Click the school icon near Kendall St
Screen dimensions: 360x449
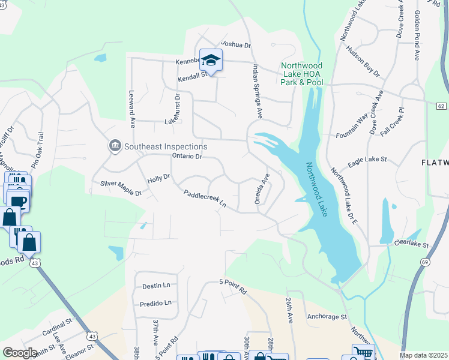211,60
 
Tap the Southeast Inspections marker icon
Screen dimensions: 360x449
114,146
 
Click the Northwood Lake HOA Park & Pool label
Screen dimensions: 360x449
302,74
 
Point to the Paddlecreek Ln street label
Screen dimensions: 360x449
205,199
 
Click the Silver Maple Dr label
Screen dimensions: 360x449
121,188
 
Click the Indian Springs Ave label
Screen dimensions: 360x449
258,91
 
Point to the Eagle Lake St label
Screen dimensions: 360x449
367,163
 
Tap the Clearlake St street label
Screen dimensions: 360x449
414,245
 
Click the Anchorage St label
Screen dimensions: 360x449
327,316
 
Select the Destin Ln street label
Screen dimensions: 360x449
156,286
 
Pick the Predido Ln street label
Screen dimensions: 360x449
155,303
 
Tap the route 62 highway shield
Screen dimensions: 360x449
441,106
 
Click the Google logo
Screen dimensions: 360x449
20,353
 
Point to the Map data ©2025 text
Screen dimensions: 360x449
423,355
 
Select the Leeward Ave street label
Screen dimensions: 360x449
132,109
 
